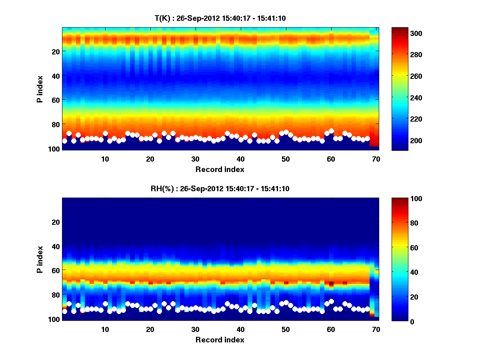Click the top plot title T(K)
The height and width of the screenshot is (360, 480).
[x=220, y=18]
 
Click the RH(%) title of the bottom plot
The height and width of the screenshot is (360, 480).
[x=220, y=188]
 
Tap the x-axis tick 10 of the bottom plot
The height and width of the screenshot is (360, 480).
[x=105, y=330]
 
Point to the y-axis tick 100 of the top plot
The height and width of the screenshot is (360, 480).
[x=55, y=149]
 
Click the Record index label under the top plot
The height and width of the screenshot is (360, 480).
[x=220, y=170]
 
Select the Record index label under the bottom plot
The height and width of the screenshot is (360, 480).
[x=220, y=340]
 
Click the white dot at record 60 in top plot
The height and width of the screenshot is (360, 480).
[x=331, y=131]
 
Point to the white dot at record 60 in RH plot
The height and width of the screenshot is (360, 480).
[x=331, y=301]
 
